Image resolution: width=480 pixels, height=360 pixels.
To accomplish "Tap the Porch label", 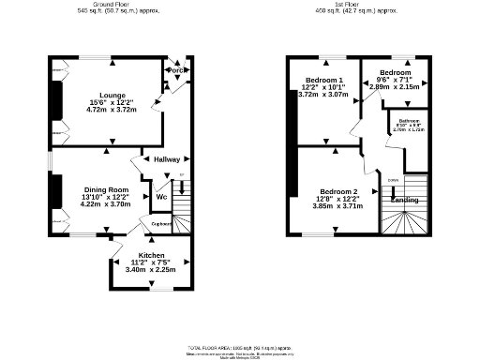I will click(175, 70).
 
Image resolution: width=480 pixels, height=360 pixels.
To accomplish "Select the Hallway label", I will click(167, 159).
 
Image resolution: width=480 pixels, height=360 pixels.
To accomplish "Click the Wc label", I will click(161, 197).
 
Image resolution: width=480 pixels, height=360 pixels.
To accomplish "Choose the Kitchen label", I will click(152, 255).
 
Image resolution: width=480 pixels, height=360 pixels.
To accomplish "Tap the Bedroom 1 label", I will click(322, 81).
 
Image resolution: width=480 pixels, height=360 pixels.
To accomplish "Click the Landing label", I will click(404, 200).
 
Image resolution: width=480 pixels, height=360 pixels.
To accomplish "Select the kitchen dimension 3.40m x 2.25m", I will click(152, 270).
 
